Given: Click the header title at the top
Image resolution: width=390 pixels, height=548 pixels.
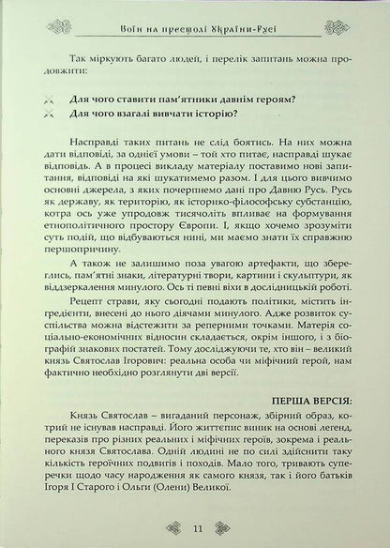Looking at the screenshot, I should pyautogui.click(x=195, y=16).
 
